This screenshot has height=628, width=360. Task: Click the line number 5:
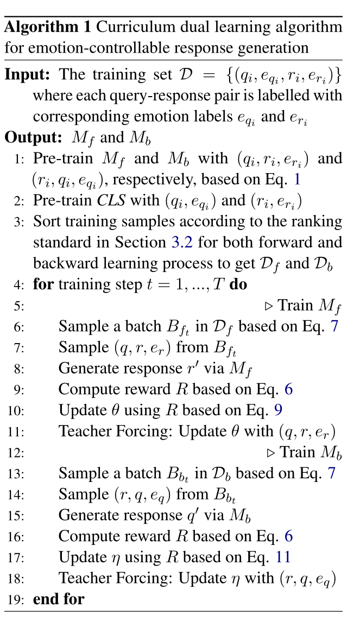(19, 306)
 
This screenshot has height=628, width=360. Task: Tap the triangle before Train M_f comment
(268, 306)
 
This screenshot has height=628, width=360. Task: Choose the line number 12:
(17, 453)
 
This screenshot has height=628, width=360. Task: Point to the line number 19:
(17, 599)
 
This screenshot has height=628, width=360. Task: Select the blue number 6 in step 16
(288, 536)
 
